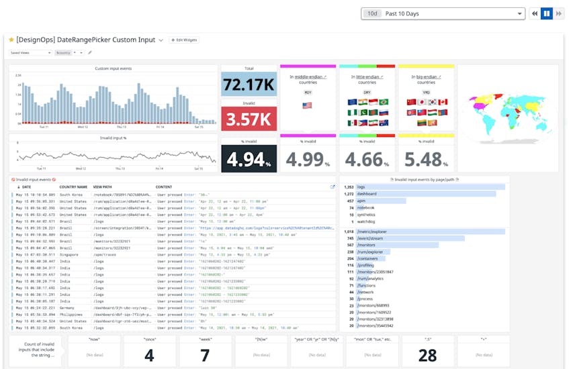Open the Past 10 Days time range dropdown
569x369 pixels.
click(x=443, y=13)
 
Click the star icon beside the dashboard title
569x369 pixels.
click(x=11, y=40)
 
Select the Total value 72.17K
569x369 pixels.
click(x=249, y=85)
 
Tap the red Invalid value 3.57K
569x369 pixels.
click(x=249, y=120)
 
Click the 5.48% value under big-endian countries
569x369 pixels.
click(x=426, y=160)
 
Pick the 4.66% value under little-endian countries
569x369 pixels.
click(x=367, y=160)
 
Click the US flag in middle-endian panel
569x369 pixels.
click(x=308, y=105)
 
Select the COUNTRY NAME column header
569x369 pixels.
click(x=73, y=187)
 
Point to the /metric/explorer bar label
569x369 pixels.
click(x=373, y=231)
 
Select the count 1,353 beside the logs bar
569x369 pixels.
click(x=349, y=187)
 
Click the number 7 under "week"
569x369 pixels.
click(x=206, y=355)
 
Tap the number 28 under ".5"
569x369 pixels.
click(x=427, y=355)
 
